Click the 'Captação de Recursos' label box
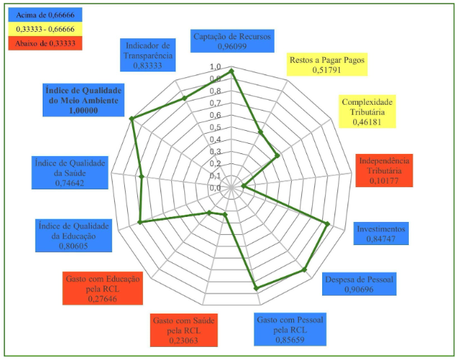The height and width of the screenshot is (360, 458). pos(231,41)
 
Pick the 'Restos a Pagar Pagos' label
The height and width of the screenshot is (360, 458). pos(327,65)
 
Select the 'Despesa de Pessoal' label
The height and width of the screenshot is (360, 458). pos(360,284)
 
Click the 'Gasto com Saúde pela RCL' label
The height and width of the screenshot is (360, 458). pos(184,330)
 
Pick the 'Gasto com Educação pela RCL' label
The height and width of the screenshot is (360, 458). pos(102,288)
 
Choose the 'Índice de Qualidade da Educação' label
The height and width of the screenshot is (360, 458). pos(72,236)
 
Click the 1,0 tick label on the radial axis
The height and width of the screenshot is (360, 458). pos(216,67)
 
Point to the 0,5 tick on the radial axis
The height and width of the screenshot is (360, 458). pos(216,127)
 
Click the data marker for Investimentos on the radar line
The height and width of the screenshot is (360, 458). pos(329,223)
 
